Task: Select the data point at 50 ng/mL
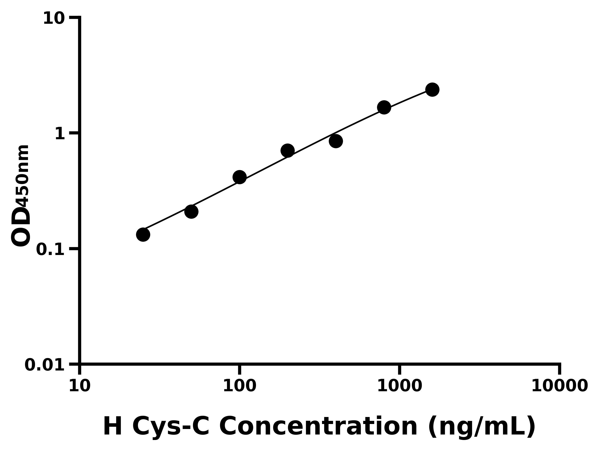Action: tap(191, 211)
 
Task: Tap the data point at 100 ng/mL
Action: tap(239, 177)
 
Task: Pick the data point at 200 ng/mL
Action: tap(287, 150)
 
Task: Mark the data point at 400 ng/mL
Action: tap(336, 141)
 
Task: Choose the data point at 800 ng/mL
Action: tap(384, 107)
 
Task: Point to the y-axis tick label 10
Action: tap(54, 19)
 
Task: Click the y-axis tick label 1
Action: tap(60, 134)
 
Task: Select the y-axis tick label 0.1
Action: tap(50, 249)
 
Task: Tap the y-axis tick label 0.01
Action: tap(45, 365)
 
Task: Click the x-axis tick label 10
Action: tap(79, 386)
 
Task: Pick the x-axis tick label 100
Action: tap(239, 386)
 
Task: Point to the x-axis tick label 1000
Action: tap(399, 386)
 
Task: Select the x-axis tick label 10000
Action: tap(559, 386)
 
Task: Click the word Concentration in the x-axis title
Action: tap(318, 426)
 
